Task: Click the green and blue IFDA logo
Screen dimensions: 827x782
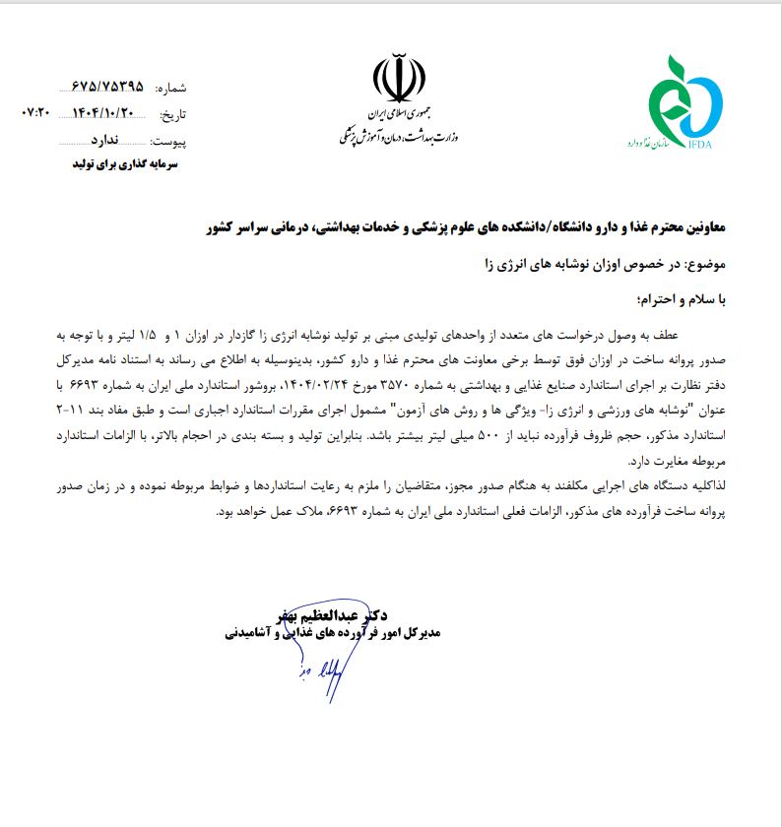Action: tap(685, 102)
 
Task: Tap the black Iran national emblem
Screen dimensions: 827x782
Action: tap(399, 81)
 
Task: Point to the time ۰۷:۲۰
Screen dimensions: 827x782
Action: tap(34, 113)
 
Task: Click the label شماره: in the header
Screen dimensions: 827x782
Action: tap(169, 88)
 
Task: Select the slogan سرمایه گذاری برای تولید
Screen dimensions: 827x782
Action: tap(130, 166)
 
